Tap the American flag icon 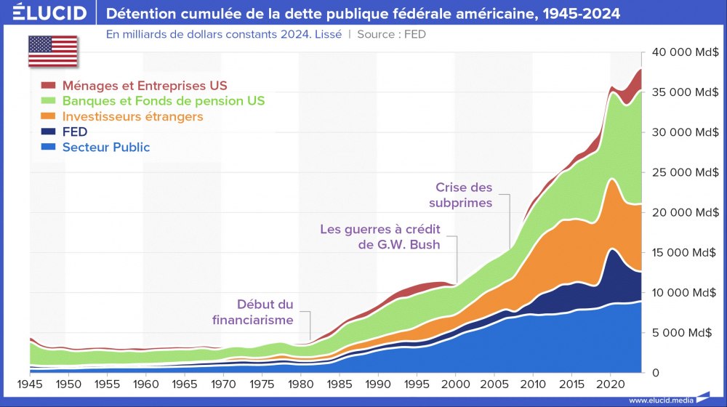pyautogui.click(x=53, y=50)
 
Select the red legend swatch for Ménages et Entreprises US pyautogui.click(x=49, y=86)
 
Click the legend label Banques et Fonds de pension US pyautogui.click(x=164, y=101)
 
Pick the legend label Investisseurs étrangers pyautogui.click(x=132, y=116)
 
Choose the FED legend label pyautogui.click(x=75, y=132)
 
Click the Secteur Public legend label pyautogui.click(x=106, y=147)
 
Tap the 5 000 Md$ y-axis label pyautogui.click(x=686, y=333)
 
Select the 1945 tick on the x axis pyautogui.click(x=30, y=383)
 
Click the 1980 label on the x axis pyautogui.click(x=300, y=383)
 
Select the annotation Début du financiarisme pyautogui.click(x=253, y=312)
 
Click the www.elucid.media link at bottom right pyautogui.click(x=660, y=400)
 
